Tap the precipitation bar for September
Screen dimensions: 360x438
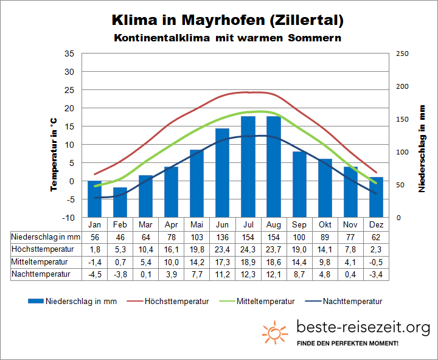tap(299, 184)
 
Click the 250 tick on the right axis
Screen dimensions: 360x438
tap(403, 54)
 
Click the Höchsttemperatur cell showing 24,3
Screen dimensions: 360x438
tap(248, 249)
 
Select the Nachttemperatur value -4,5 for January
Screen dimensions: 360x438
tap(94, 274)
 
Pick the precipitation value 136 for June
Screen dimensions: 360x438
tap(222, 236)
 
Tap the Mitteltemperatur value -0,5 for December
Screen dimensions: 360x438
tap(376, 261)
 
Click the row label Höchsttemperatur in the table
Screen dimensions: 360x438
tap(43, 249)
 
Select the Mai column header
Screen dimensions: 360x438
tap(196, 224)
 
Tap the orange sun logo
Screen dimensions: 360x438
tap(275, 332)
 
